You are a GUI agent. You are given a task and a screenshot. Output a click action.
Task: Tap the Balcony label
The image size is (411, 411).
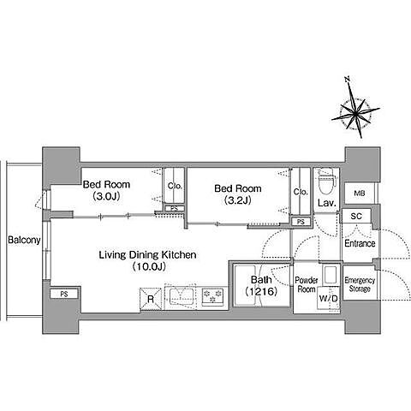(24, 240)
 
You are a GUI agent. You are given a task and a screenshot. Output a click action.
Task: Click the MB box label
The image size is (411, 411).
(360, 194)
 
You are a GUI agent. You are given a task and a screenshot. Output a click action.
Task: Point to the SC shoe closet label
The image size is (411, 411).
(356, 216)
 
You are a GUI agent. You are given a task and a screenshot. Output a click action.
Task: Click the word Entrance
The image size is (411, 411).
(360, 243)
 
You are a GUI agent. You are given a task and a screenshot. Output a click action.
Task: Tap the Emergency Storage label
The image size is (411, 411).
(360, 284)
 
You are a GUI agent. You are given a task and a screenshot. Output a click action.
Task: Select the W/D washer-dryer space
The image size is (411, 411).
(329, 299)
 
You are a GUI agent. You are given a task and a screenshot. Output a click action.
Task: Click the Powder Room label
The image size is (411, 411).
(307, 284)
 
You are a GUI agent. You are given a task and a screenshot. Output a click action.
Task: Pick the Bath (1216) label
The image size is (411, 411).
(261, 285)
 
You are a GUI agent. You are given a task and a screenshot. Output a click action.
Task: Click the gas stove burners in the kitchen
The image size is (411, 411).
(212, 296)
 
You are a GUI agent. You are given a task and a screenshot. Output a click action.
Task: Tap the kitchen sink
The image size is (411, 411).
(182, 296)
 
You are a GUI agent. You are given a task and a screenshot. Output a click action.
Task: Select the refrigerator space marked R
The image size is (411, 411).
(151, 299)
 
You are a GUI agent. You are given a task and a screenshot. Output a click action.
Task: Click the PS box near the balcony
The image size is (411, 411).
(64, 294)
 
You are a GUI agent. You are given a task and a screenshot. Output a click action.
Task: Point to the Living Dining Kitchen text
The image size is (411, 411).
(147, 255)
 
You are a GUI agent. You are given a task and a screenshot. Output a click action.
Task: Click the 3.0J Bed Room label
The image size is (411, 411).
(106, 190)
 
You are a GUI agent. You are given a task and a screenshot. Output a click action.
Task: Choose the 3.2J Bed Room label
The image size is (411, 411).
(238, 194)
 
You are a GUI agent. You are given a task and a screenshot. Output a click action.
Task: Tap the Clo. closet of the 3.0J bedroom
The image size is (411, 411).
(174, 186)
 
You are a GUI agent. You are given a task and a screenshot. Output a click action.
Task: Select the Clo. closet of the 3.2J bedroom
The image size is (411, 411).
(301, 192)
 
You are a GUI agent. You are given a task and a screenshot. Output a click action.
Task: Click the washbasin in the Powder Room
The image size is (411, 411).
(331, 275)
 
